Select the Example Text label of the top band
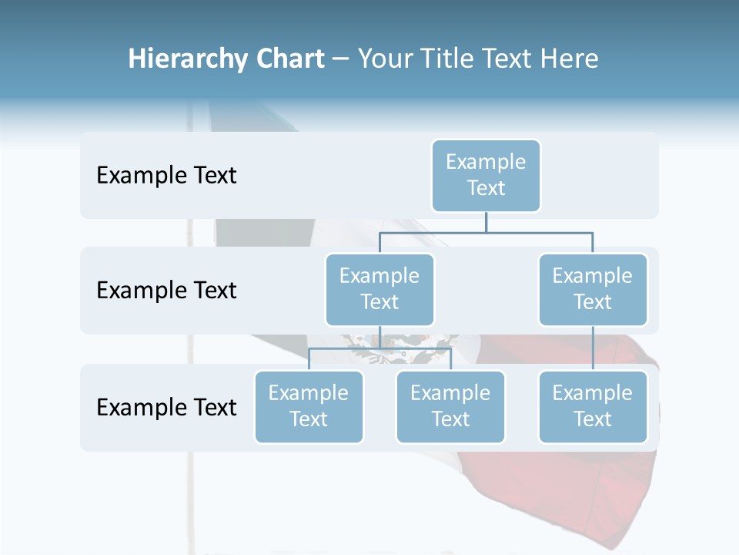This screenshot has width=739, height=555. [166, 175]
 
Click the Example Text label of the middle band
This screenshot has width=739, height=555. [166, 290]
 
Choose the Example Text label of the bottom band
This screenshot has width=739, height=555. [166, 407]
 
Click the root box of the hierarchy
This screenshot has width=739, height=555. [486, 175]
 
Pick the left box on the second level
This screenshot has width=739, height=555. [380, 289]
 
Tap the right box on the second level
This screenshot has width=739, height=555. [593, 289]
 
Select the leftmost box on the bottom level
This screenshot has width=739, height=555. [309, 406]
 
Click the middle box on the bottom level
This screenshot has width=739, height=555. [450, 406]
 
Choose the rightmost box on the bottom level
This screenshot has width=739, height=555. [593, 406]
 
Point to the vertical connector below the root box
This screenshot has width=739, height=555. [486, 222]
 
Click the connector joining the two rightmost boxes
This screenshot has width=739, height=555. [593, 348]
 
